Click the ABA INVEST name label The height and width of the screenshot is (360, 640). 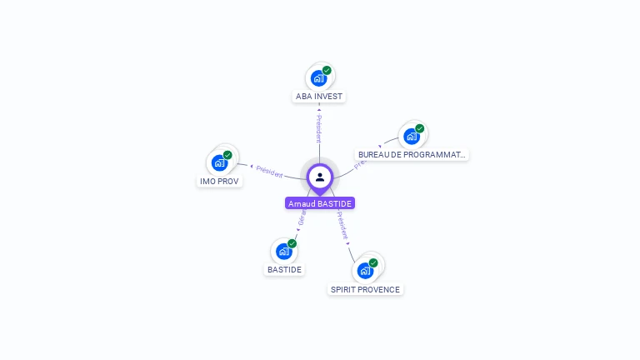pyautogui.click(x=319, y=97)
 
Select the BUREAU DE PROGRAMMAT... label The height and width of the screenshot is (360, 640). pyautogui.click(x=412, y=155)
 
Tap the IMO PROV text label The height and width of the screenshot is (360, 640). pyautogui.click(x=220, y=181)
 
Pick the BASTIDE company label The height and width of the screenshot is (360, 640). pyautogui.click(x=284, y=269)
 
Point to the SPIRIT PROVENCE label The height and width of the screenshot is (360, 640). pyautogui.click(x=365, y=289)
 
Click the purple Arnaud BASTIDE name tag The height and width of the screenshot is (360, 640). pyautogui.click(x=320, y=203)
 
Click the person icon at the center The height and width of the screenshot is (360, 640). pyautogui.click(x=320, y=177)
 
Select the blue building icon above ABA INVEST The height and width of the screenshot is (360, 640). pyautogui.click(x=317, y=78)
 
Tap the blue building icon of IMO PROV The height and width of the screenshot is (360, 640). pyautogui.click(x=219, y=162)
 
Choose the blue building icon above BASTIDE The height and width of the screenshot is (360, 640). pyautogui.click(x=283, y=251)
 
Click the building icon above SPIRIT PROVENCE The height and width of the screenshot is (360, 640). pyautogui.click(x=364, y=270)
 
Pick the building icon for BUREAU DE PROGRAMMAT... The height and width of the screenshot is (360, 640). pyautogui.click(x=411, y=136)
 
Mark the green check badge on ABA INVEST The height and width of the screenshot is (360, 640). pyautogui.click(x=327, y=71)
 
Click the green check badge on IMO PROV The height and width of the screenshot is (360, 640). pyautogui.click(x=227, y=155)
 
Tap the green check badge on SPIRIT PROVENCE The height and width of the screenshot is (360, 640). pyautogui.click(x=373, y=262)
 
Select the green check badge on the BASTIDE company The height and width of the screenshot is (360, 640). pyautogui.click(x=292, y=243)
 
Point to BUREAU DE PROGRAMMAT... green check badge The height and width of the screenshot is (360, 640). pyautogui.click(x=420, y=128)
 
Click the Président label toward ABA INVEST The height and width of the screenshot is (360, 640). pyautogui.click(x=318, y=127)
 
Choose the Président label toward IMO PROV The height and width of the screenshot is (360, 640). pyautogui.click(x=269, y=171)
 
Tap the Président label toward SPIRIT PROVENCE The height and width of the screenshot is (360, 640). pyautogui.click(x=342, y=226)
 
